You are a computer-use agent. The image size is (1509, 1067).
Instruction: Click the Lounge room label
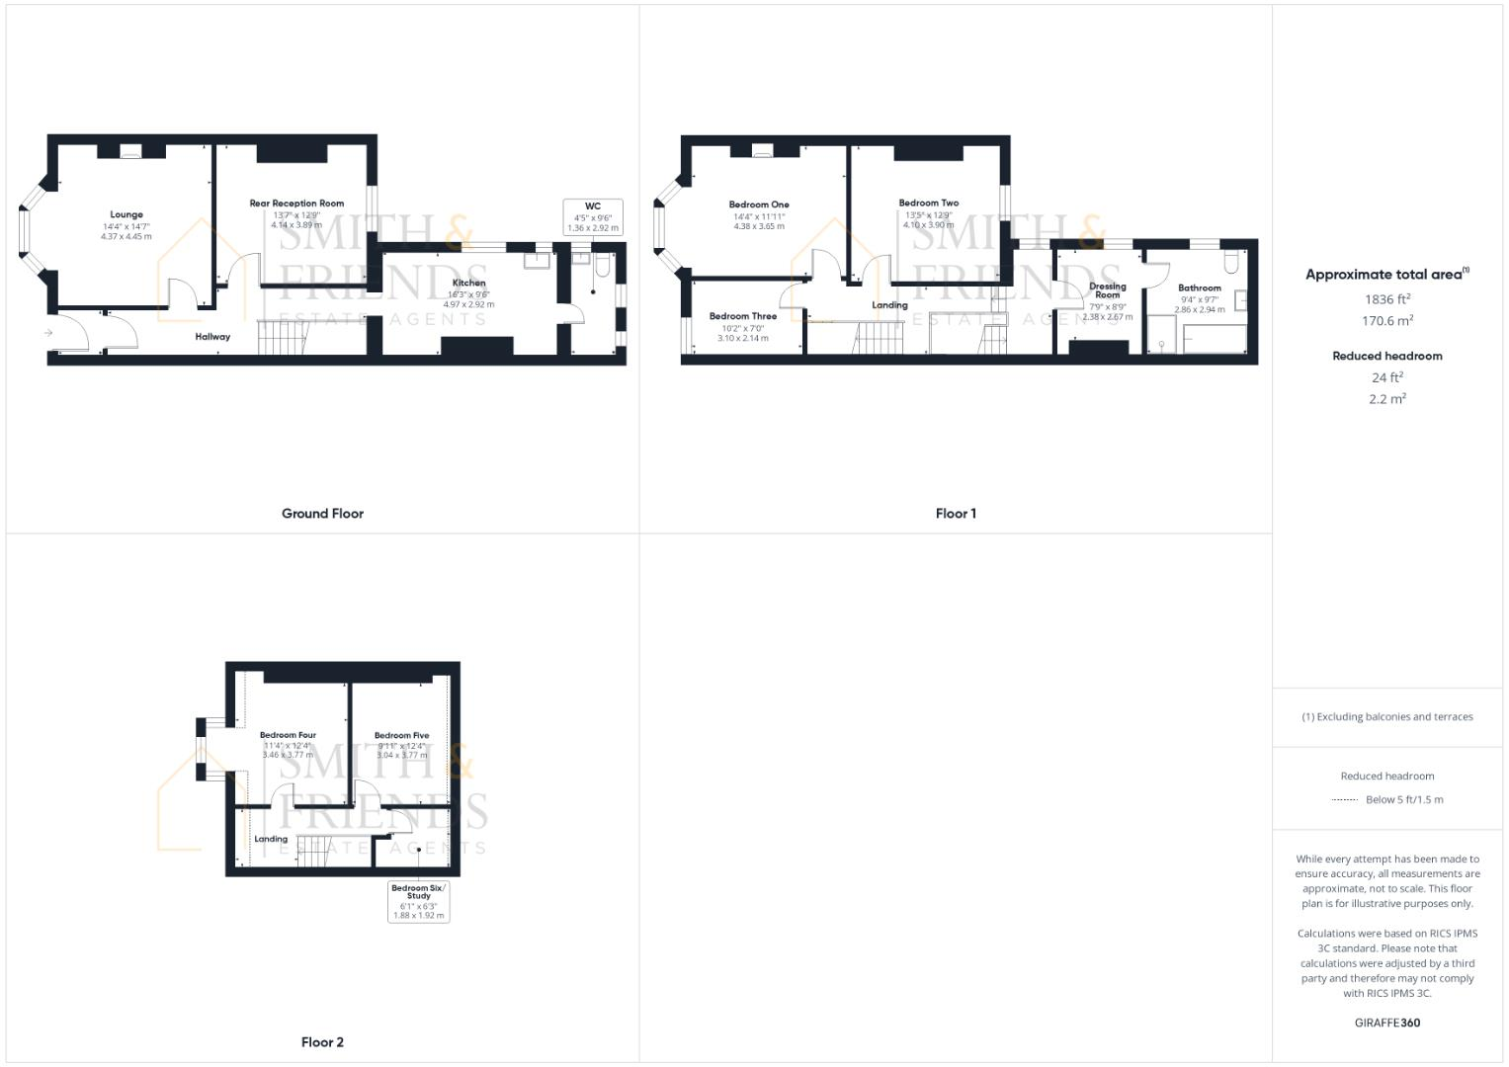point(126,214)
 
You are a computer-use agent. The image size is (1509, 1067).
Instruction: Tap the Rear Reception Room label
point(296,204)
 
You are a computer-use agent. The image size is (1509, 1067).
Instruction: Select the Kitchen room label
point(468,284)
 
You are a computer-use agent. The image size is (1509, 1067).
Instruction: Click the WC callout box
point(593,217)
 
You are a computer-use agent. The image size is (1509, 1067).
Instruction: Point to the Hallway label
point(212,337)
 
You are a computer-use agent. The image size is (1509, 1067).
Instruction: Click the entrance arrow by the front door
point(47,333)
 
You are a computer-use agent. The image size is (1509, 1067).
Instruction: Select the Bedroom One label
point(759,205)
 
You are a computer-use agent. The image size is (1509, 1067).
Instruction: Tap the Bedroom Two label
point(928,204)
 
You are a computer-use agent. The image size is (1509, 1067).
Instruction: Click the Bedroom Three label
point(743,316)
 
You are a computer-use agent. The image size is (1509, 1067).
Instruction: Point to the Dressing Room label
point(1108,290)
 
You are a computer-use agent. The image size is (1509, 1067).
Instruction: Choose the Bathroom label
point(1199,288)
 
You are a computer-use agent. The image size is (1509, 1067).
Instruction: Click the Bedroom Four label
point(288,735)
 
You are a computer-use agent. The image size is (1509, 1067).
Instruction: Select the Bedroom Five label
point(401,735)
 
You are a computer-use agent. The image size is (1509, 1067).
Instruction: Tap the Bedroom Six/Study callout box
point(419,902)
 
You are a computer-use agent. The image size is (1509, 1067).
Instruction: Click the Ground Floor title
point(322,514)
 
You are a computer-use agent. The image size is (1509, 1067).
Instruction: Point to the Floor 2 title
point(322,1042)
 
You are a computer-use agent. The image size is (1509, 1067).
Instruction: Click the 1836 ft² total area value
point(1386,299)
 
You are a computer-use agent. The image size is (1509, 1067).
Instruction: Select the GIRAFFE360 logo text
point(1386,1023)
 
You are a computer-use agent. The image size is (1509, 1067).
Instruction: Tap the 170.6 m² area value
point(1386,321)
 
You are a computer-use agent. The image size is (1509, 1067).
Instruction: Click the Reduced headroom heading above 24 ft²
point(1386,356)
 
